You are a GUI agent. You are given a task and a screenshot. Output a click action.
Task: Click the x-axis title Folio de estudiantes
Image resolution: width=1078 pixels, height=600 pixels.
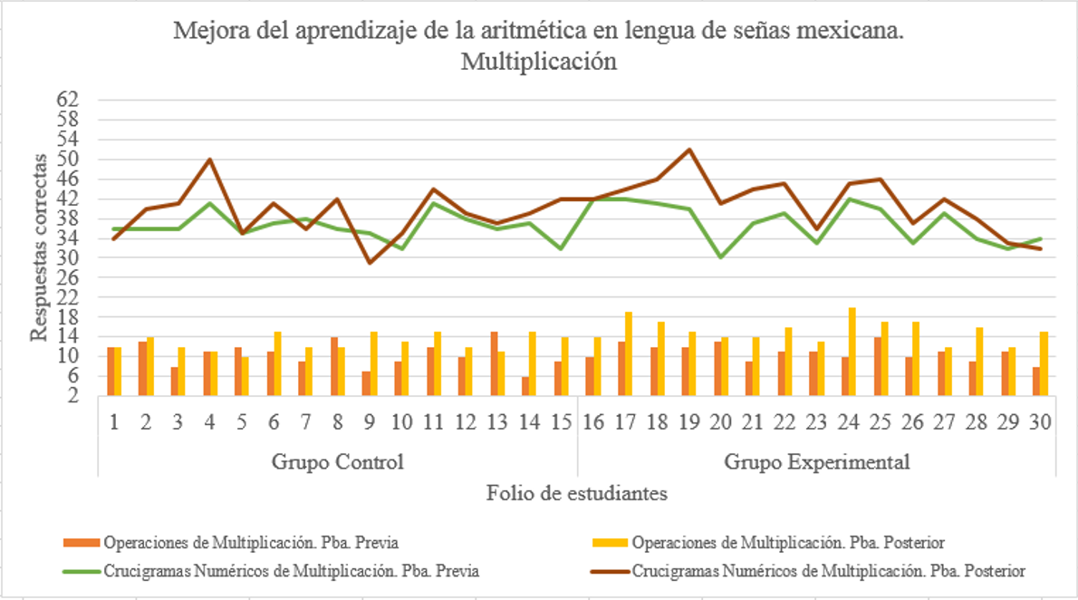tap(577, 493)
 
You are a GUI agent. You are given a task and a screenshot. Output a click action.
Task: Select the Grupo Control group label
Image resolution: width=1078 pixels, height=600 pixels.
tap(337, 461)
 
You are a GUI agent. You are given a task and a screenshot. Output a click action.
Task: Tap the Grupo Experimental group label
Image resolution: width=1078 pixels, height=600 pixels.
tap(816, 461)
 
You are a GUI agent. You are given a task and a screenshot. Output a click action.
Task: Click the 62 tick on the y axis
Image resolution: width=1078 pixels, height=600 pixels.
tap(69, 99)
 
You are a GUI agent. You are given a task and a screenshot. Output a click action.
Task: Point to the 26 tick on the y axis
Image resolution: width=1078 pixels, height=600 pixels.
tap(69, 277)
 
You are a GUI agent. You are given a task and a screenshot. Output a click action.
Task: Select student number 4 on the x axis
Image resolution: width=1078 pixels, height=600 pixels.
tap(209, 422)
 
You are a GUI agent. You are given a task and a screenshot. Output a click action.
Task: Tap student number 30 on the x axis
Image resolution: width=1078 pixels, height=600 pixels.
tap(1039, 422)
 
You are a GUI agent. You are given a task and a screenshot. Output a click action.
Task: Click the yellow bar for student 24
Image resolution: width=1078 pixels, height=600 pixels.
tap(852, 352)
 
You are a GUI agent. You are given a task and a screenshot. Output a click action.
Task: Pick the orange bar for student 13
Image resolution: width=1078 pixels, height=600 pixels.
tap(495, 363)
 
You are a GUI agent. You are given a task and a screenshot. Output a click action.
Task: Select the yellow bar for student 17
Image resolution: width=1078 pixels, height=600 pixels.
tap(629, 353)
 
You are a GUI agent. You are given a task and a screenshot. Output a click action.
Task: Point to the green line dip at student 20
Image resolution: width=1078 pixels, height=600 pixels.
tap(720, 257)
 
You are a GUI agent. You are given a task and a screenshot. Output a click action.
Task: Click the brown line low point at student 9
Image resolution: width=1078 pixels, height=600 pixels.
tap(369, 263)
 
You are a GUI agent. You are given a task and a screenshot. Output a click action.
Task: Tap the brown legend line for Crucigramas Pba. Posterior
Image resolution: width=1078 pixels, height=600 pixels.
tap(609, 572)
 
